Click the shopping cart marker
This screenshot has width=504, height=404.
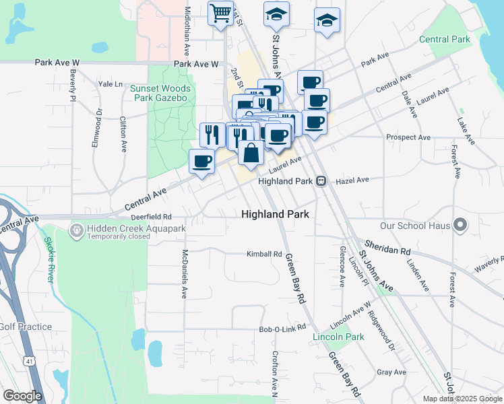(220, 13)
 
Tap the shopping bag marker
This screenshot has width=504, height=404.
(251, 151)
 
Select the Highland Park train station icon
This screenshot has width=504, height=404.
(321, 181)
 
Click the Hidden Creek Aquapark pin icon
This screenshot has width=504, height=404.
(76, 231)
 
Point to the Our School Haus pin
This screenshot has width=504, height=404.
(461, 224)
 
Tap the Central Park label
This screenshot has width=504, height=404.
(445, 40)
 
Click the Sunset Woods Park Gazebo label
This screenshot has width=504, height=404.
(160, 93)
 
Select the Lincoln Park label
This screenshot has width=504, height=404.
(338, 337)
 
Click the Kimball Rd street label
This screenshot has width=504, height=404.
(263, 254)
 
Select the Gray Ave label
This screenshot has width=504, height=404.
(391, 372)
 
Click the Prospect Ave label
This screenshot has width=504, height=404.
(408, 137)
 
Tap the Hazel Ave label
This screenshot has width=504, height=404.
(353, 180)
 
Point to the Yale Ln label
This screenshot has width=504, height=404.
(110, 84)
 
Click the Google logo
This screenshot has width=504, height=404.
(22, 397)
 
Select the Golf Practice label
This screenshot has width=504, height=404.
(26, 327)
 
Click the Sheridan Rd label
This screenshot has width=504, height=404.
(387, 246)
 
